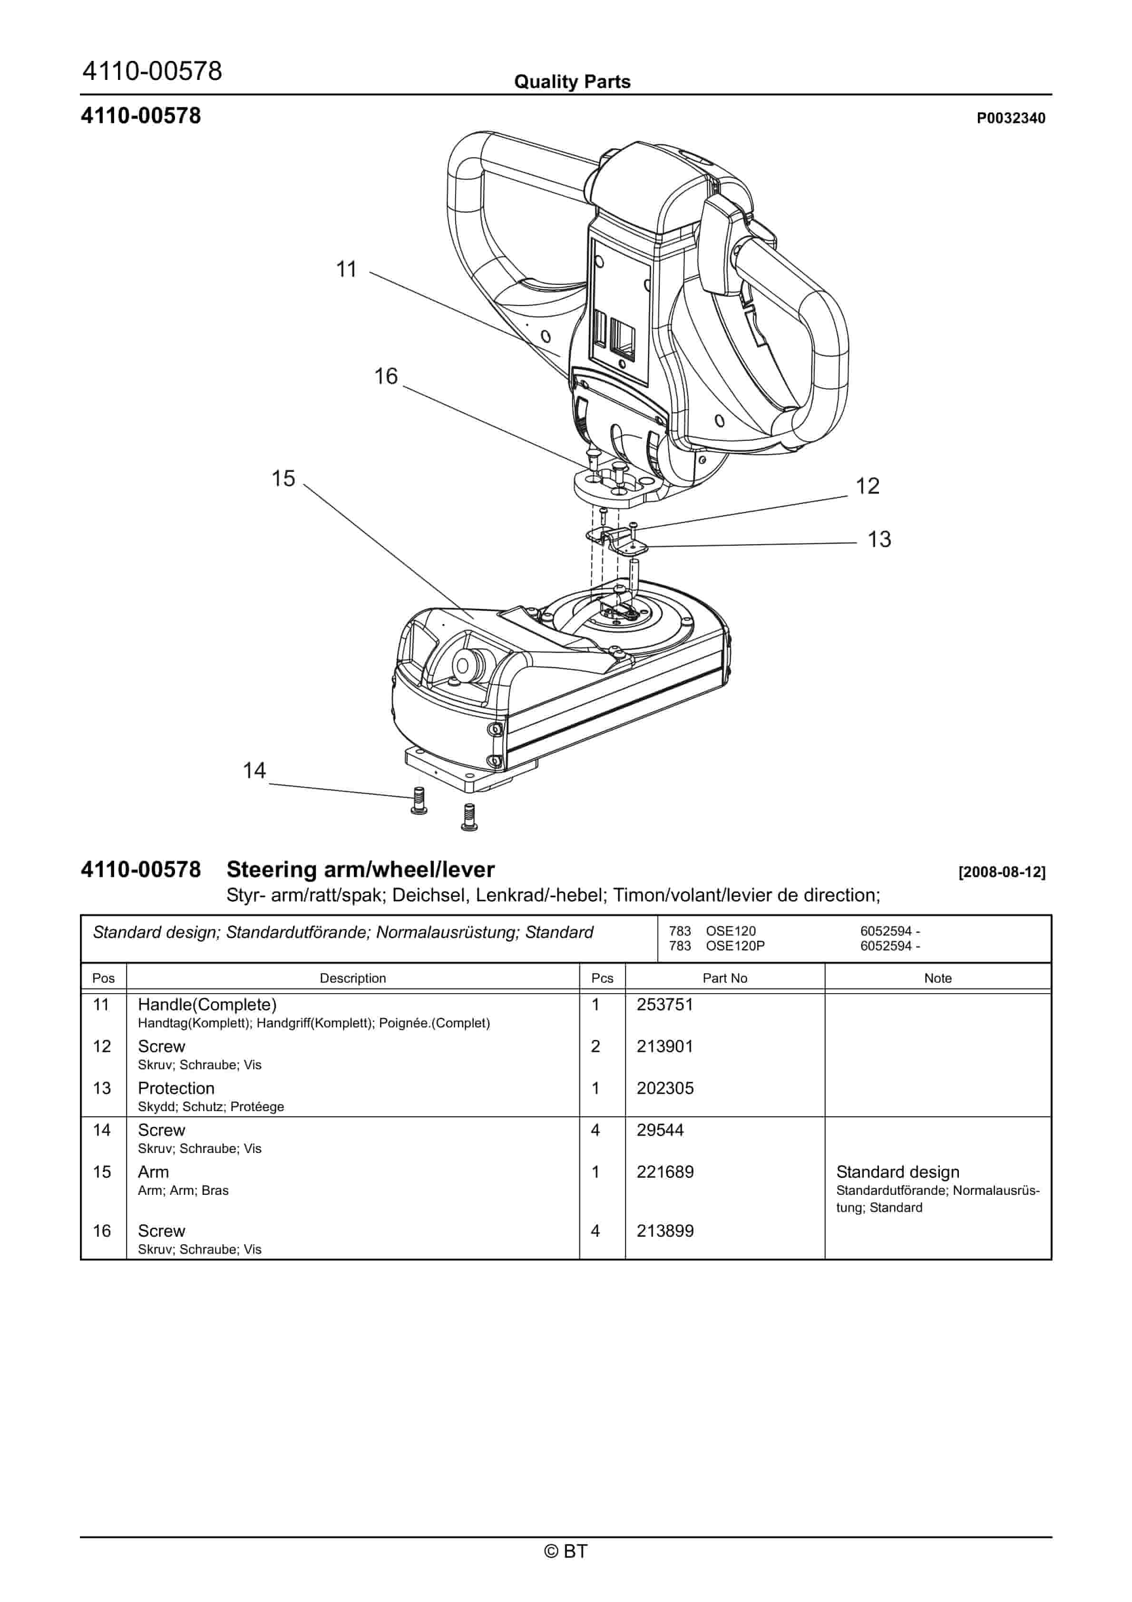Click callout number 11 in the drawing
coord(346,269)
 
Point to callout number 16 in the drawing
coord(385,377)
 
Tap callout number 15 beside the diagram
coord(283,479)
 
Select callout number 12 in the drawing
coord(868,486)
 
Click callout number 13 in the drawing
coord(879,539)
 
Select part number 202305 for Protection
coord(664,1088)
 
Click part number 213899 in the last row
coord(664,1231)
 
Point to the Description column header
coord(352,978)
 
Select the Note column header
coord(937,978)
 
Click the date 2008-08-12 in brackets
coord(1002,872)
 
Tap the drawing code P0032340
coord(1011,118)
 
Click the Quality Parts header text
coord(572,82)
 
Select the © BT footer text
coord(566,1551)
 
